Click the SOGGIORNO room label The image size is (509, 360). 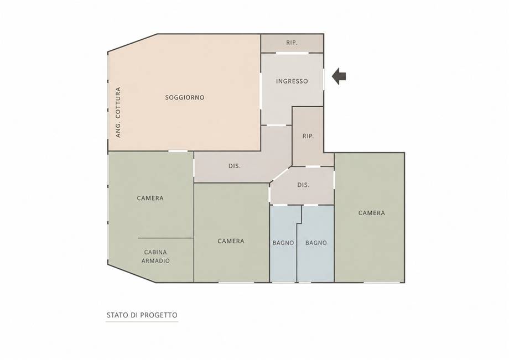click(x=185, y=97)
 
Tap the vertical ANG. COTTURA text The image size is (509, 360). click(x=118, y=112)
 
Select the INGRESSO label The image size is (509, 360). click(x=292, y=81)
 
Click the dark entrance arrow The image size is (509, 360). click(x=339, y=76)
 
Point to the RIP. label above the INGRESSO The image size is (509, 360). click(x=292, y=43)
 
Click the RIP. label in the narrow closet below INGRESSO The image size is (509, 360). click(x=308, y=136)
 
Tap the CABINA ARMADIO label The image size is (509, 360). click(x=155, y=256)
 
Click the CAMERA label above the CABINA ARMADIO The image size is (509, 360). click(x=150, y=198)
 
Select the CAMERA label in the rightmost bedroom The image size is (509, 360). click(x=372, y=213)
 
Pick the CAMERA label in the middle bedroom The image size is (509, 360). click(x=231, y=241)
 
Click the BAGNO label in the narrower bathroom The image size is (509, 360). click(x=283, y=243)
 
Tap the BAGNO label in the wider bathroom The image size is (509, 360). click(x=316, y=243)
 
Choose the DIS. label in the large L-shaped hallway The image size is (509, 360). click(x=235, y=166)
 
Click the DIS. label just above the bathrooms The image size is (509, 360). click(x=303, y=185)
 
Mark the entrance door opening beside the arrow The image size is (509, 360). click(x=324, y=79)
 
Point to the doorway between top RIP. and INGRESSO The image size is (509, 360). click(x=292, y=53)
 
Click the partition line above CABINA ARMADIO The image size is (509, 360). click(x=165, y=238)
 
